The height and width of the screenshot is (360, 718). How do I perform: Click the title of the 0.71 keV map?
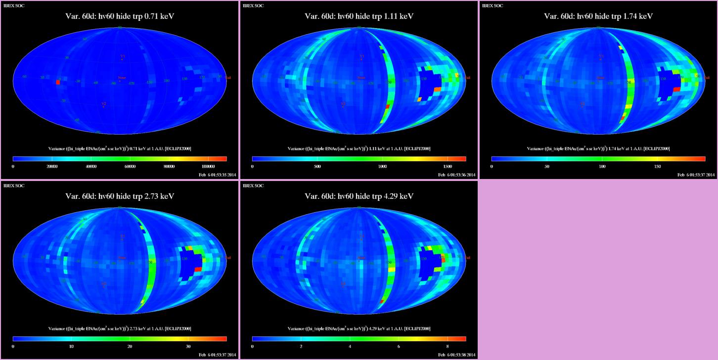(120, 16)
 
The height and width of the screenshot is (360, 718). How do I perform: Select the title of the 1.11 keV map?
(359, 16)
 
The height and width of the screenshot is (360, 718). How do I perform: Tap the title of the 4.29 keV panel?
(359, 196)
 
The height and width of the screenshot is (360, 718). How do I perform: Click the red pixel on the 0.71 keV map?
(58, 82)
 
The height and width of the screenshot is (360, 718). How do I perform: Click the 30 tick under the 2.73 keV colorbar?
(187, 347)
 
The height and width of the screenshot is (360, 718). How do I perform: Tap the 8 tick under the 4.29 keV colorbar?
(447, 347)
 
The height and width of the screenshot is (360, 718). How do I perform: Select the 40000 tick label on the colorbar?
(90, 167)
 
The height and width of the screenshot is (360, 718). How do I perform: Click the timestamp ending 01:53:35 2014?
(217, 175)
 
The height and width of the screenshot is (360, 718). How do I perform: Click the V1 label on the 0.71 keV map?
(122, 56)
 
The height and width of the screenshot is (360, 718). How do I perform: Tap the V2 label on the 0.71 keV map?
(103, 103)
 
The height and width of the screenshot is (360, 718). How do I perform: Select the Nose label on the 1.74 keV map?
(600, 77)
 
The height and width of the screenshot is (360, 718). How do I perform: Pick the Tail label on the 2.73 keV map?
(228, 258)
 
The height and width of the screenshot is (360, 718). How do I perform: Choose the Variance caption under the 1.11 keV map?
(359, 148)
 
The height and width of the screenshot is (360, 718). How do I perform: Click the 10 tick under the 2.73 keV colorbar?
(71, 347)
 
